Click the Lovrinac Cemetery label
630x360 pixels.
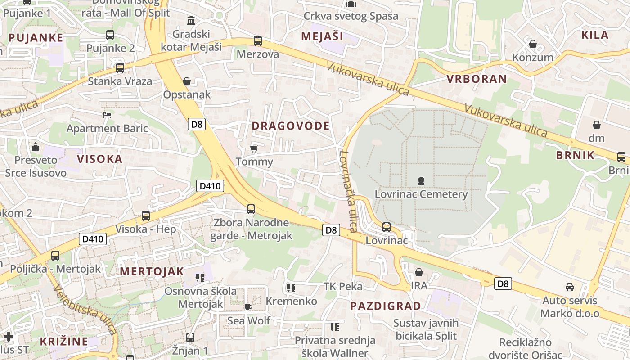[x=421, y=194]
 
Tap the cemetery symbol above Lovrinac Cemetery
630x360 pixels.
[x=421, y=181]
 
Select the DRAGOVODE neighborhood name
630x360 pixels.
[x=291, y=126]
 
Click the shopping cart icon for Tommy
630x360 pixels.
[x=254, y=148]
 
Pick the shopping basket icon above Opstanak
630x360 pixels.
[x=187, y=81]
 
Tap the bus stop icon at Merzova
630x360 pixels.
[x=258, y=41]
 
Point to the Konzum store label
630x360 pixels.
[x=533, y=58]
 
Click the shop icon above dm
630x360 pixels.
[x=597, y=125]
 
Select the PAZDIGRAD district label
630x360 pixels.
[x=386, y=306]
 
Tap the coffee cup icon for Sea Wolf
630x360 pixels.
[x=248, y=307]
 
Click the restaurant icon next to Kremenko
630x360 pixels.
[x=291, y=288]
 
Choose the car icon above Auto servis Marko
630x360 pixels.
[x=570, y=287]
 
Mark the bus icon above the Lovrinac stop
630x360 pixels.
[x=387, y=227]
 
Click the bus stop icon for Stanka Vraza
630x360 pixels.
[x=120, y=68]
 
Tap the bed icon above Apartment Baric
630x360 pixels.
[x=107, y=115]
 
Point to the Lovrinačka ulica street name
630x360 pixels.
[x=348, y=191]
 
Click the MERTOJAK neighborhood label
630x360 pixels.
[x=152, y=271]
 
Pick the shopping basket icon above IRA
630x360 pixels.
[x=419, y=272]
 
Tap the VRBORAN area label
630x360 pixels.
[x=477, y=79]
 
